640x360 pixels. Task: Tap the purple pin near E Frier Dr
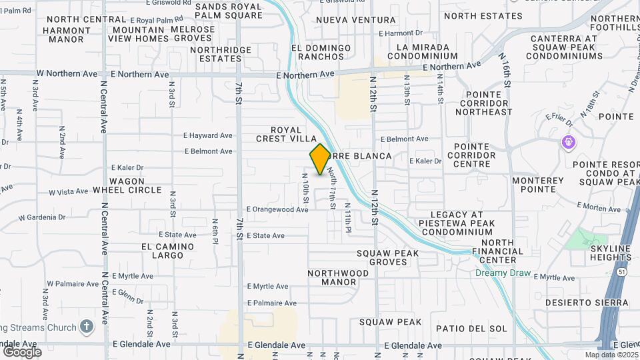(568, 141)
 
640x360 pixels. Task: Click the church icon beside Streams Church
(85, 327)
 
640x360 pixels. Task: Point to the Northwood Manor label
(338, 277)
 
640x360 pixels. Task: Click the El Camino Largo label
(167, 251)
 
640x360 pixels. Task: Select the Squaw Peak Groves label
(387, 257)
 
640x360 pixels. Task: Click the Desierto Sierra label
(586, 302)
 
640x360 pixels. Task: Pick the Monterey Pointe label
(538, 185)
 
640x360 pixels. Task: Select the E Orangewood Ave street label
(277, 209)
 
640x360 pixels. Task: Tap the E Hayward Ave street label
(209, 135)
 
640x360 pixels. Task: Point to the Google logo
(22, 351)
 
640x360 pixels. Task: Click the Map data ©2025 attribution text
(611, 355)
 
